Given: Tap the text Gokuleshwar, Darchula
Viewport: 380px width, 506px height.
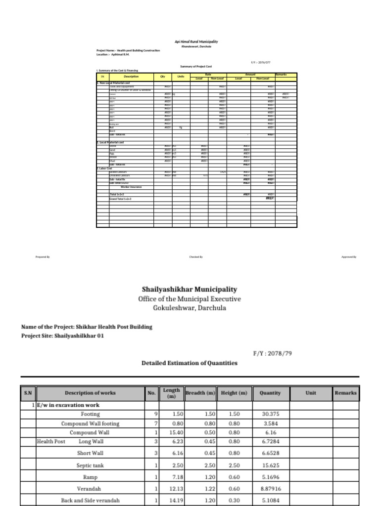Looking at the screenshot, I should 190,308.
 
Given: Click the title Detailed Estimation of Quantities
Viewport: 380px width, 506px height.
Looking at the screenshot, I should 190,363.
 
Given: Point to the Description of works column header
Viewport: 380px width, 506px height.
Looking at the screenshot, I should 90,393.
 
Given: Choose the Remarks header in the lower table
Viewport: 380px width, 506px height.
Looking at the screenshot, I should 345,393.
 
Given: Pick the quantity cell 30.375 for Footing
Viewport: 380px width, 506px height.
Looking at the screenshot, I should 270,414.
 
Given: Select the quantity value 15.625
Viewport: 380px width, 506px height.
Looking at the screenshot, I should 270,465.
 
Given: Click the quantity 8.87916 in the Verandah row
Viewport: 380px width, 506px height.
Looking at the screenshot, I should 270,489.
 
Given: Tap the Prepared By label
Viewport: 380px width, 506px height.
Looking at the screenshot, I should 43,257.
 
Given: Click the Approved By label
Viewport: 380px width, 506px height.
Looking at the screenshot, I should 349,257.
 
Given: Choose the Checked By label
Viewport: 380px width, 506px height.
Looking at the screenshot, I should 196,257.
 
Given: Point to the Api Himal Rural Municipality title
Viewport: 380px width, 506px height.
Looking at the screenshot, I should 196,42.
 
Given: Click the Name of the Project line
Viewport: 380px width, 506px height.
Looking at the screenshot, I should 87,327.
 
